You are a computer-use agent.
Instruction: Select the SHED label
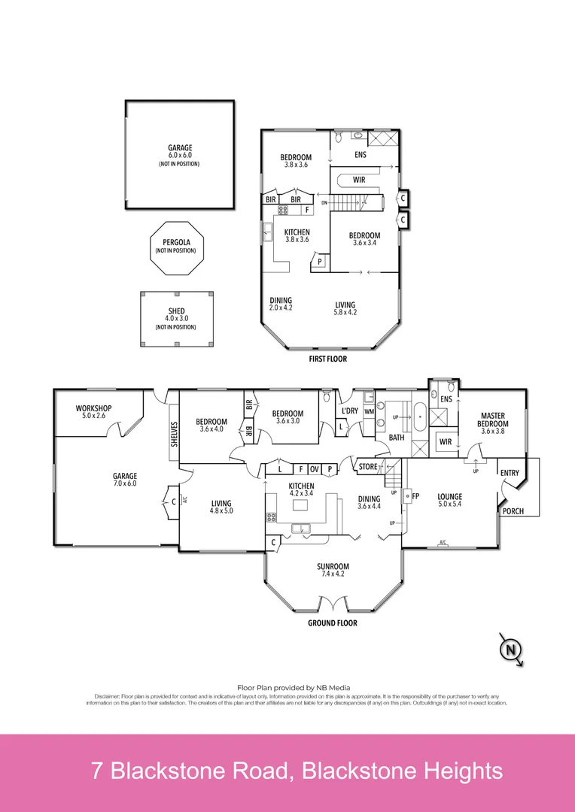pos(178,311)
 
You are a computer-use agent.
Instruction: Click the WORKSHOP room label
pos(93,408)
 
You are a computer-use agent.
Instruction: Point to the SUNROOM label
pos(332,566)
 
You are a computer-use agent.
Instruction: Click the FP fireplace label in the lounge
pos(415,496)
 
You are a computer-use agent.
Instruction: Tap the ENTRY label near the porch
pos(510,472)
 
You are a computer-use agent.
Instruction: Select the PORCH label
pos(513,511)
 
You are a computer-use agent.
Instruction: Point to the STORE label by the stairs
pos(368,467)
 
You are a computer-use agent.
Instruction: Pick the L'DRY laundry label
pos(349,411)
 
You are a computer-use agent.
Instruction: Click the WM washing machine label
pos(369,411)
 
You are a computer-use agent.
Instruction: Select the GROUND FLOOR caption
pos(332,623)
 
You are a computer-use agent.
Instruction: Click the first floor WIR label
pos(359,180)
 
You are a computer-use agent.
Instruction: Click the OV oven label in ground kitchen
pos(315,469)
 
